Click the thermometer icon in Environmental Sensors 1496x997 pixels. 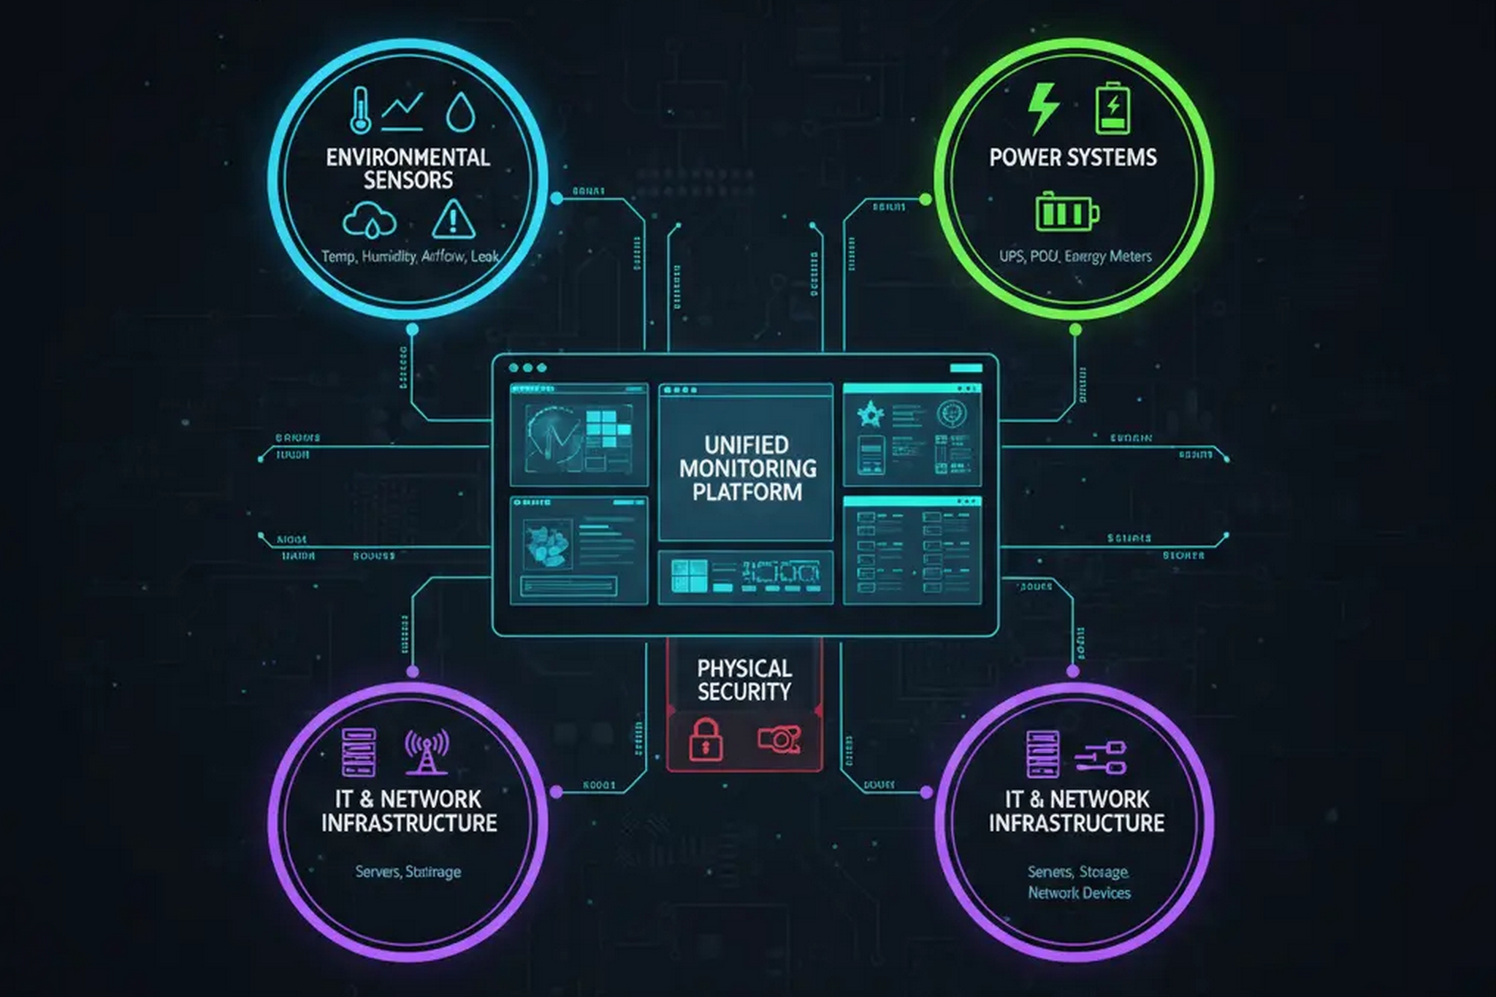360,111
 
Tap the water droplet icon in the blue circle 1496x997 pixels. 460,112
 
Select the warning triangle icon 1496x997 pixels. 454,218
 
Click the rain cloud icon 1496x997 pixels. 370,220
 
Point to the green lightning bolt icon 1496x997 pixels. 1043,109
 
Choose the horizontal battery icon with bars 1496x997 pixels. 1067,212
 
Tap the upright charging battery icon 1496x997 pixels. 1113,109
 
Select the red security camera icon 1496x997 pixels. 779,739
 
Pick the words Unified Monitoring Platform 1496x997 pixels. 747,468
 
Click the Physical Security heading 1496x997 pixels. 744,680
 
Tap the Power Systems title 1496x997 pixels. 1073,157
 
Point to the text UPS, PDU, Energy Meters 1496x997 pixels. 1075,256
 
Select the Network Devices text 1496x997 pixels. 1079,893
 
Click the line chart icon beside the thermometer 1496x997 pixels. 402,111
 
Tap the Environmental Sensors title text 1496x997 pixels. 408,169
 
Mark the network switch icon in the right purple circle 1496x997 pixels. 1101,757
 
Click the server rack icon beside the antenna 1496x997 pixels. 359,752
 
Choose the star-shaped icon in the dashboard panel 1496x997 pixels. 870,415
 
